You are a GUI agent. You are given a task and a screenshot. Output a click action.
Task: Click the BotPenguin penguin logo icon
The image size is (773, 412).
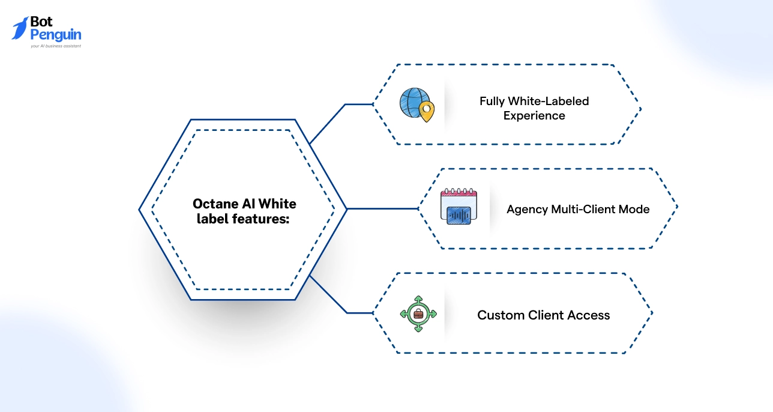tap(20, 28)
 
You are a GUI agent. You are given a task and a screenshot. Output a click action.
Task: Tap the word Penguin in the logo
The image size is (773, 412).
tap(56, 35)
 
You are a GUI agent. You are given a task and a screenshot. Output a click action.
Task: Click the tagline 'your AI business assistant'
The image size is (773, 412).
tap(56, 46)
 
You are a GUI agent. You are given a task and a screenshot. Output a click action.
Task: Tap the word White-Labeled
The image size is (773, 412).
tap(549, 101)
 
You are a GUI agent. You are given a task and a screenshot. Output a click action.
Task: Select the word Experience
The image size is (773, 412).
tap(534, 116)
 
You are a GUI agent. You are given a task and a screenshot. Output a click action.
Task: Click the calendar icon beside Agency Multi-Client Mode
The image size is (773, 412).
tap(459, 207)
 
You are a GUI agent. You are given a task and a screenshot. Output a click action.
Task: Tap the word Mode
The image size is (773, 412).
tap(636, 210)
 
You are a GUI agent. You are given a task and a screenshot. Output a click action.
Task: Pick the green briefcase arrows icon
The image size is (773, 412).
tap(418, 313)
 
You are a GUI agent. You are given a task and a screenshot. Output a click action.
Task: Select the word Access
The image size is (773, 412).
tap(589, 315)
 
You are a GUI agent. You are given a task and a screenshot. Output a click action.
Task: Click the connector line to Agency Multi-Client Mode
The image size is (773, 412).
tap(382, 209)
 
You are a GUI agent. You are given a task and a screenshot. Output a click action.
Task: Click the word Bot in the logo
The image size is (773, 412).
tap(41, 23)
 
